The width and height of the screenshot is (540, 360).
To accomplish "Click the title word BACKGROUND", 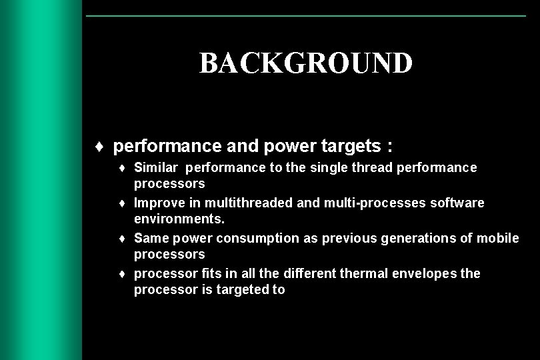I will click(x=305, y=63).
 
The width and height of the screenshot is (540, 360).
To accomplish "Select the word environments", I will click(x=175, y=218).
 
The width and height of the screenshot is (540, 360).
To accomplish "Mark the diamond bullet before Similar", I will click(x=125, y=168).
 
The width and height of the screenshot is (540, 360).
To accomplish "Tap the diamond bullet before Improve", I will click(x=125, y=203).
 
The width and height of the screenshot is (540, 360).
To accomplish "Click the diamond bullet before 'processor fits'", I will click(x=125, y=274).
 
